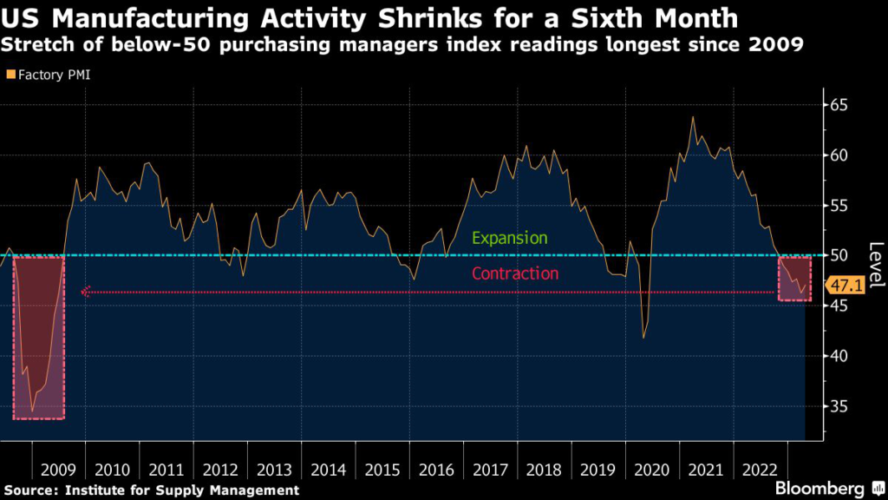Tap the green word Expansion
pos(510,238)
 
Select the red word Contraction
pos(515,273)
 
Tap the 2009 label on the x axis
pos(57,470)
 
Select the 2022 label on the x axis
pos(761,470)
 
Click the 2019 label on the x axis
pos(598,470)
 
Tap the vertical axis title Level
pos(874,265)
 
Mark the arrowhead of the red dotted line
pos(85,292)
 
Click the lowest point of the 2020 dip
pos(643,338)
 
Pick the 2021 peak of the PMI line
pos(692,116)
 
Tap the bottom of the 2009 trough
pos(32,411)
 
